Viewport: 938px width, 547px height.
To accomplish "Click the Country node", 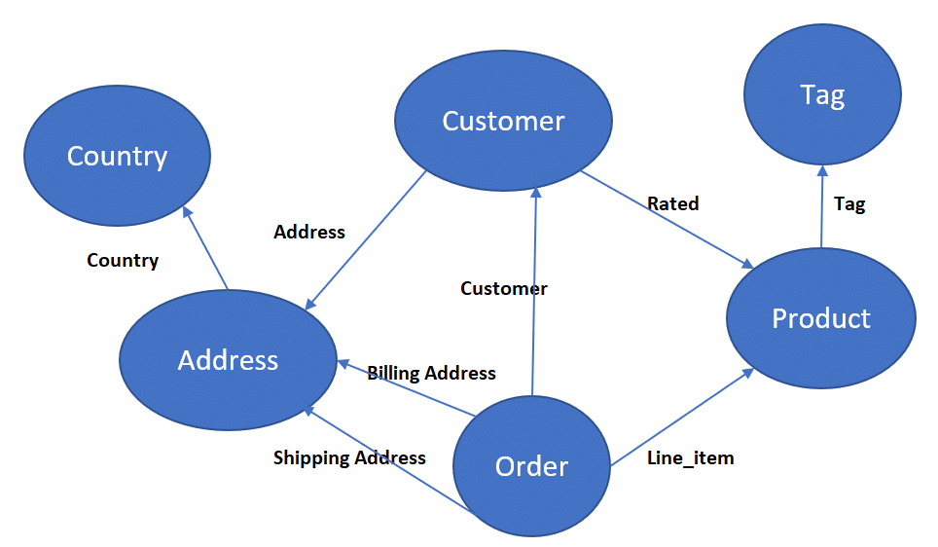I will [117, 156].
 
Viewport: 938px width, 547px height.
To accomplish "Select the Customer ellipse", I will [503, 121].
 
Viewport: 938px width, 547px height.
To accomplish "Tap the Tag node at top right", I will [821, 94].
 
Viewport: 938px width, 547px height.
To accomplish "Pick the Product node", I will [820, 318].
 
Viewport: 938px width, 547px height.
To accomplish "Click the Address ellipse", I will [228, 360].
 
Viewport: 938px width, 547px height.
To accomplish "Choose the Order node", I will [531, 466].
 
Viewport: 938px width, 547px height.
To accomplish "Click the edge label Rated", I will [673, 203].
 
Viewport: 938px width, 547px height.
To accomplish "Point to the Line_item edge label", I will [690, 457].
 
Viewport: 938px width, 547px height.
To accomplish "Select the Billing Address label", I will [431, 373].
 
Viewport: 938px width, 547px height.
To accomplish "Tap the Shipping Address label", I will [349, 457].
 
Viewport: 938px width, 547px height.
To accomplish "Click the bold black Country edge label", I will [123, 260].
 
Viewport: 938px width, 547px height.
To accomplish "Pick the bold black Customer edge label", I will [503, 288].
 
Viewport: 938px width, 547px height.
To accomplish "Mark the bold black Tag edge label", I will [849, 203].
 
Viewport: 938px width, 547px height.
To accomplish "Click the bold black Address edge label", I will [309, 232].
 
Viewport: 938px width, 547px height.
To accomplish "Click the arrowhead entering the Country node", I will [188, 210].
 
